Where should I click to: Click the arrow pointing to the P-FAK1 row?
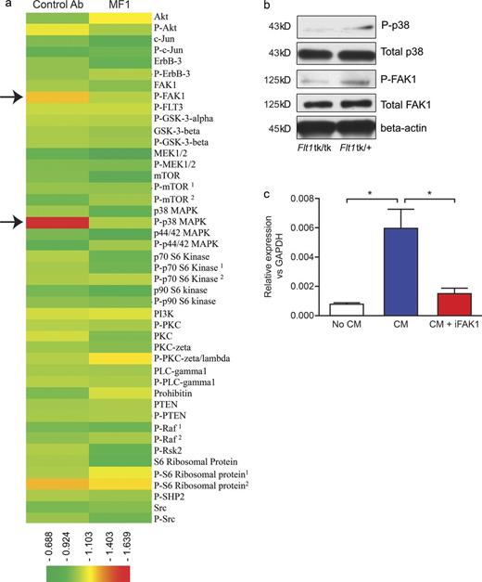pos(10,95)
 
